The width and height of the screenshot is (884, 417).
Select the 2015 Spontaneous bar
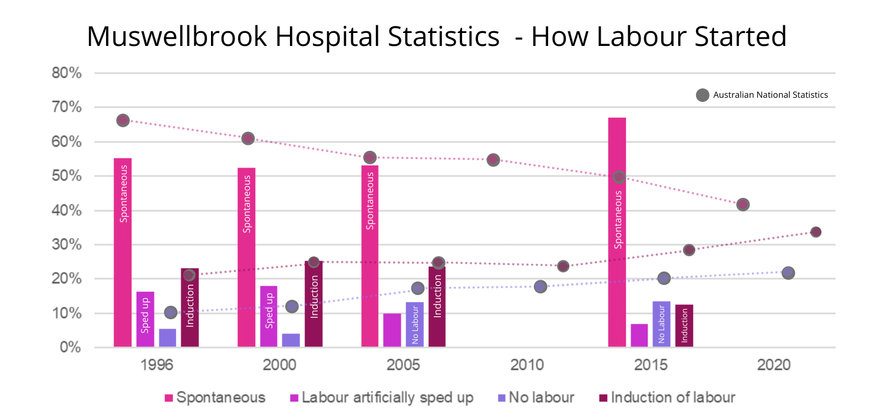point(617,233)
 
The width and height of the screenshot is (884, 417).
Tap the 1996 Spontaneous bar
point(123,252)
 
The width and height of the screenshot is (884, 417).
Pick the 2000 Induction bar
point(314,304)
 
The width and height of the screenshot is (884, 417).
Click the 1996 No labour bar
point(167,337)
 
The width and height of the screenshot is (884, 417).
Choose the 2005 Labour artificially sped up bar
point(392,330)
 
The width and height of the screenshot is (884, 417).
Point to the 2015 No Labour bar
point(661,324)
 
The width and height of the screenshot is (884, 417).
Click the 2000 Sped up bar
point(269,316)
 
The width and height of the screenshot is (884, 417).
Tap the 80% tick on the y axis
point(66,74)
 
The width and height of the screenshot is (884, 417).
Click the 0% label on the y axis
point(71,347)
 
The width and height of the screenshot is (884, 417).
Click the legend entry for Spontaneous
point(215,398)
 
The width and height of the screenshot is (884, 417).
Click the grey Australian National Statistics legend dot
point(702,95)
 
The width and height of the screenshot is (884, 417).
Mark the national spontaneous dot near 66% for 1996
point(123,120)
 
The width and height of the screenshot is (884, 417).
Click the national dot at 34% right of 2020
point(816,232)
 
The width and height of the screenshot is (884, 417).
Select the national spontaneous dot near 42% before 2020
point(743,204)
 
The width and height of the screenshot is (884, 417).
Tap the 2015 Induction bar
point(684,326)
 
